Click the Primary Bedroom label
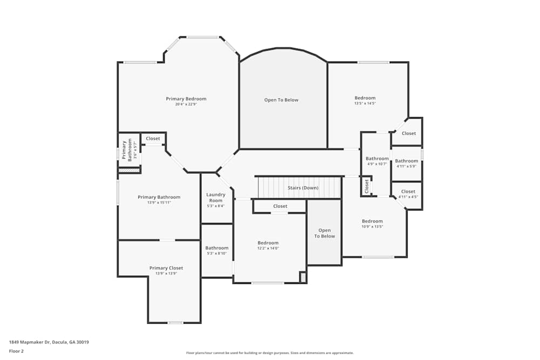pos(186,99)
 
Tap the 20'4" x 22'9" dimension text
pos(186,104)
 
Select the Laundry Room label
pos(216,197)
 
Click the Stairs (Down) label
pos(302,188)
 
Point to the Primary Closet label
pos(166,268)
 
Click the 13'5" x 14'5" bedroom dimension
pos(364,103)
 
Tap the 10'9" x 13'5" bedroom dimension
pos(372,227)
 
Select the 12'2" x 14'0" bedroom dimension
pos(268,248)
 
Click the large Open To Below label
pos(281,100)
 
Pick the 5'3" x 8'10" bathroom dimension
pos(217,254)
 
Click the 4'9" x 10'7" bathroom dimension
pos(377,164)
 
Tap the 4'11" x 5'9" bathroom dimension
pos(406,166)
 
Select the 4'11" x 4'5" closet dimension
pos(408,196)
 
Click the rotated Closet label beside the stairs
pos(367,187)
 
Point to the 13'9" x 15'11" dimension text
pos(159,202)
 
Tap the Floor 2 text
pos(16,351)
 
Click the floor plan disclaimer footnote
pos(270,353)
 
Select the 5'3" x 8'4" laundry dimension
pos(216,206)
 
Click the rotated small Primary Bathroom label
pos(126,151)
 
